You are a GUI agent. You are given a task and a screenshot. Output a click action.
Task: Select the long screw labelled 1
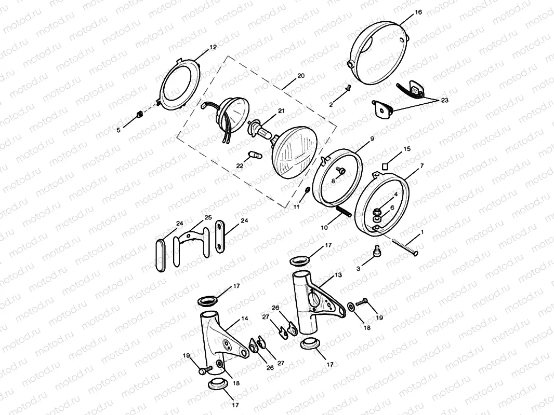403,247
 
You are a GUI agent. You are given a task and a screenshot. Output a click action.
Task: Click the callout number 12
213,47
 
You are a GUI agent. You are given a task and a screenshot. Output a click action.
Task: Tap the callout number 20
301,76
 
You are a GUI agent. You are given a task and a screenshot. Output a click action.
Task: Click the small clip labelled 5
138,115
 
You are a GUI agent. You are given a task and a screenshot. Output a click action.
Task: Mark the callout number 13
338,275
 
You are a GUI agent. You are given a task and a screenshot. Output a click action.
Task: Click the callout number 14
244,319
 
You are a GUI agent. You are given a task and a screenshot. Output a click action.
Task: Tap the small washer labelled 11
308,191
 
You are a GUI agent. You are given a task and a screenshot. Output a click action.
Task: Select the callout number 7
421,165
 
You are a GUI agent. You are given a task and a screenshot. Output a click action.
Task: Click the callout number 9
372,139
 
